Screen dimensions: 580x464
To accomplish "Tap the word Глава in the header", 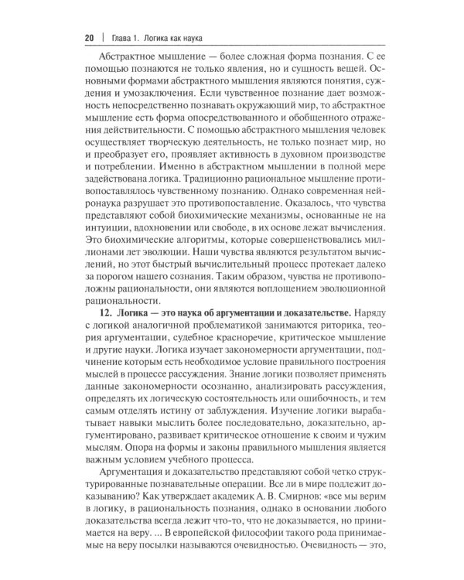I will pos(120,37).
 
